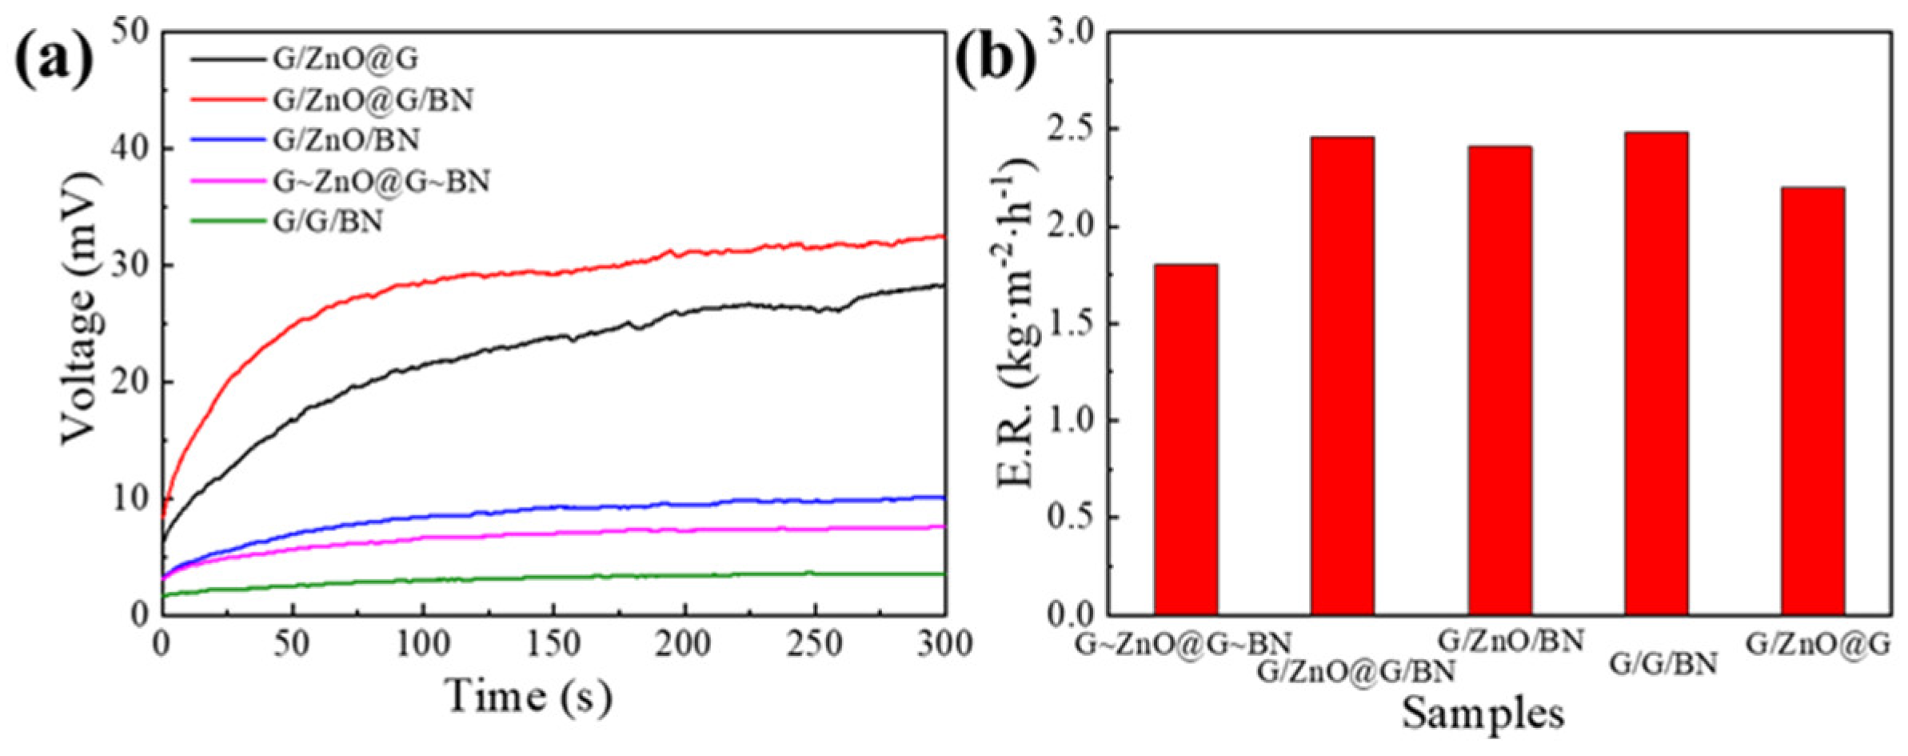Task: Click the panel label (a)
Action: point(54,60)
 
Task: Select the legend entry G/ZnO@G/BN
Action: point(373,100)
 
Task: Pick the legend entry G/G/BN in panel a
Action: point(328,221)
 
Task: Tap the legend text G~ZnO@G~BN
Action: point(381,182)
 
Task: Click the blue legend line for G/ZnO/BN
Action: point(227,140)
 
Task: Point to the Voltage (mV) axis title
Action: point(82,308)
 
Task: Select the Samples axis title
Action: point(1483,713)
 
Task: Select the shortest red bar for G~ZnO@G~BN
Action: point(1185,440)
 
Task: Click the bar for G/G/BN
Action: point(1655,374)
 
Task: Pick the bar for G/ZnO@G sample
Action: point(1813,400)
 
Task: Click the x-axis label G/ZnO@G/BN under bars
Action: point(1355,671)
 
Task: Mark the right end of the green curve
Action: point(944,574)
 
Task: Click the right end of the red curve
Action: point(944,236)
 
